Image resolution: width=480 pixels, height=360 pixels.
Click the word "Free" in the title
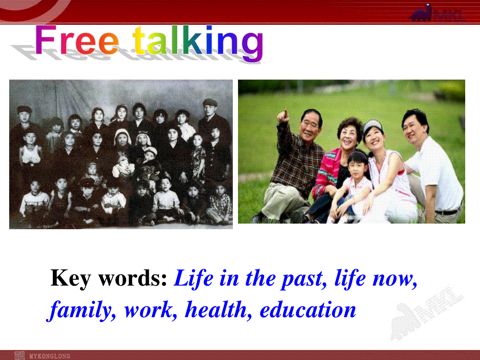(x=77, y=40)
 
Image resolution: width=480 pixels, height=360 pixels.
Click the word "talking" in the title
(x=198, y=43)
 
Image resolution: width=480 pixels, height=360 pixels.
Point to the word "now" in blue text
(x=395, y=280)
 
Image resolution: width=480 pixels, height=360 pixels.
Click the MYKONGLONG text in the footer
(x=50, y=356)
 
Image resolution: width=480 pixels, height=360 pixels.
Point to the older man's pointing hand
(x=283, y=116)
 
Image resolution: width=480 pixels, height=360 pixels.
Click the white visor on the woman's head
(x=373, y=126)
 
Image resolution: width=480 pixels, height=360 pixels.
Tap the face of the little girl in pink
(x=357, y=166)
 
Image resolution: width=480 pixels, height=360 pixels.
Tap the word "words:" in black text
(x=133, y=278)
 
